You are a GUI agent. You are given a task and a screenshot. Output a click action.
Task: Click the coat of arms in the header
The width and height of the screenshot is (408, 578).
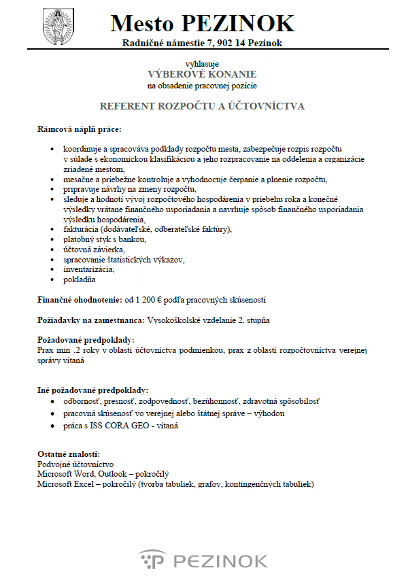click(x=57, y=24)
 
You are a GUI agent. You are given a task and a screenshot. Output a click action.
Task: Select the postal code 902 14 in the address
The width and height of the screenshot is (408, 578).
click(x=227, y=44)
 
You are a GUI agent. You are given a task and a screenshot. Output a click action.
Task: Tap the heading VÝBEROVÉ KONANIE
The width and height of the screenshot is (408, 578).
click(x=203, y=73)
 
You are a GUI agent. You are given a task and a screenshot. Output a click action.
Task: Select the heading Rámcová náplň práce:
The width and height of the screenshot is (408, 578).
click(x=80, y=129)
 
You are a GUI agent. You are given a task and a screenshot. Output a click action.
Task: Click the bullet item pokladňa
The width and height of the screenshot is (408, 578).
click(x=80, y=279)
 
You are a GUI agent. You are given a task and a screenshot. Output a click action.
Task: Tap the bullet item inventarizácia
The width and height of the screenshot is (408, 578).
click(x=88, y=269)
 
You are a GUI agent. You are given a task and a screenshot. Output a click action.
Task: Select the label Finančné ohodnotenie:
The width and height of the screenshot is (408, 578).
click(x=78, y=299)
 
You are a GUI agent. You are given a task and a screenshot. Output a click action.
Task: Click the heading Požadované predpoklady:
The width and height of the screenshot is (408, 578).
click(x=85, y=339)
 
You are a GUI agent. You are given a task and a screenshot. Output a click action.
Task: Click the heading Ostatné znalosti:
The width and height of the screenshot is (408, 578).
click(x=69, y=454)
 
